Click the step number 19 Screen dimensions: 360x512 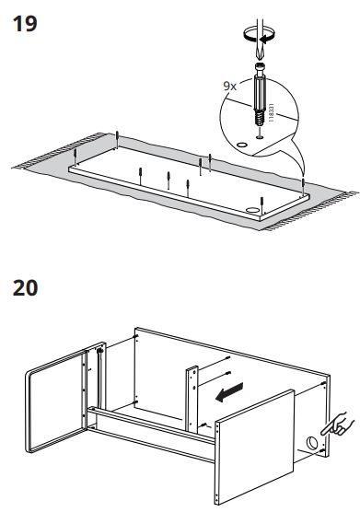pyautogui.click(x=25, y=24)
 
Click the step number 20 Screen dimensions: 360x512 pyautogui.click(x=25, y=288)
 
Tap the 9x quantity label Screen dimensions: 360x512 pyautogui.click(x=229, y=86)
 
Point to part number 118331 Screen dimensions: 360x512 pyautogui.click(x=271, y=113)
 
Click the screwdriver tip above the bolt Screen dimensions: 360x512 pyautogui.click(x=259, y=54)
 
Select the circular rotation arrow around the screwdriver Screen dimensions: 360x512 pyautogui.click(x=259, y=35)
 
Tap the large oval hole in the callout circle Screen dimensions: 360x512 pyautogui.click(x=242, y=145)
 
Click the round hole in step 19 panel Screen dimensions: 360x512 pyautogui.click(x=251, y=209)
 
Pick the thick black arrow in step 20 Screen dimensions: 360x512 pyautogui.click(x=229, y=392)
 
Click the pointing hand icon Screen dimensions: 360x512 pyautogui.click(x=337, y=425)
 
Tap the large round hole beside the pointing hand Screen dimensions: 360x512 pyautogui.click(x=311, y=442)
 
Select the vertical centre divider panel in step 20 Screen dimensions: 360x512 pyautogui.click(x=192, y=400)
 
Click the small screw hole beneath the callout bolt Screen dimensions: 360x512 pyautogui.click(x=260, y=138)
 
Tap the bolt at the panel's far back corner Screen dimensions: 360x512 pyautogui.click(x=117, y=138)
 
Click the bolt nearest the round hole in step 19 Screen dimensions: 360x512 pyautogui.click(x=261, y=205)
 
